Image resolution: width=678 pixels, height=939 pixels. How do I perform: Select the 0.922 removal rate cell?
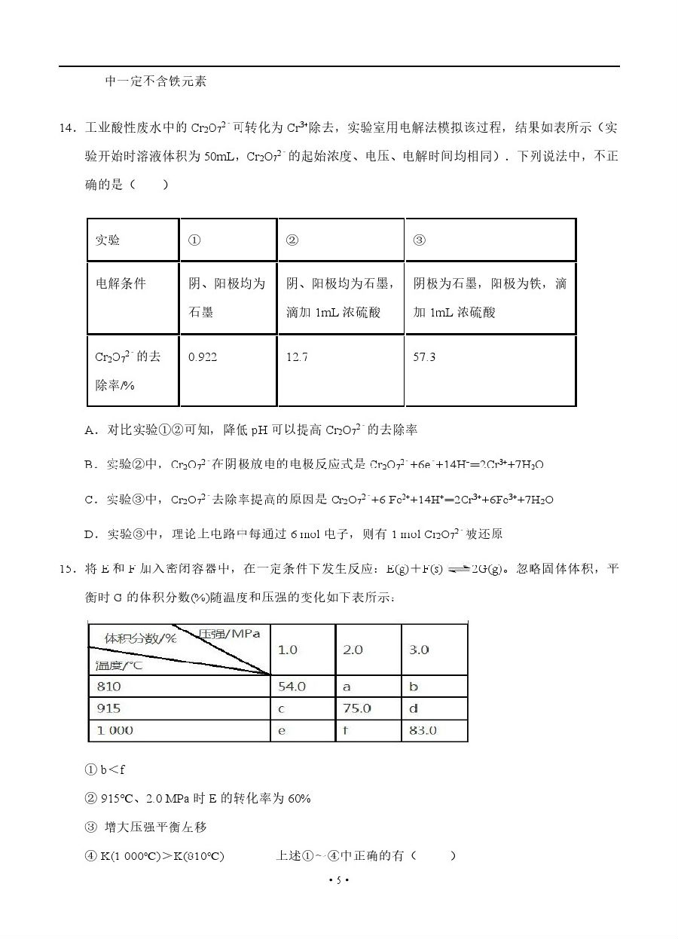tap(203, 357)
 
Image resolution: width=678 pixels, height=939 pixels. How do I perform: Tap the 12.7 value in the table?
tap(297, 357)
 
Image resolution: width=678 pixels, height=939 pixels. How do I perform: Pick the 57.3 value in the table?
tap(424, 357)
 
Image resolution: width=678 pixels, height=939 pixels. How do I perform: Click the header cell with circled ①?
tap(194, 240)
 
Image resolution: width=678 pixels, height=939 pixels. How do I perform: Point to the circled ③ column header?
tap(420, 240)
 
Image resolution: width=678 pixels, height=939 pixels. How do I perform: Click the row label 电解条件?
tap(121, 284)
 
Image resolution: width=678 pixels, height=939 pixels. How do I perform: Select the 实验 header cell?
tap(108, 240)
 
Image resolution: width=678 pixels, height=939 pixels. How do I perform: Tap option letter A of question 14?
tap(90, 430)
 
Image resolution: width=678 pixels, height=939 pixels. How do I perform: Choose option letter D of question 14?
tap(90, 534)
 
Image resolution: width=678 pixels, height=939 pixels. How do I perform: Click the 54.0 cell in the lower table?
tap(292, 687)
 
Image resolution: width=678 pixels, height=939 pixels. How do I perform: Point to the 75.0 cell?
tap(357, 708)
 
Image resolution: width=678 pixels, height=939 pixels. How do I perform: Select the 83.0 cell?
tap(423, 730)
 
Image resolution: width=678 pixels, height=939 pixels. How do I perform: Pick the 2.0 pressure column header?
tap(353, 650)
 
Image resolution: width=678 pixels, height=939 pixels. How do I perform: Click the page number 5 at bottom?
tap(339, 879)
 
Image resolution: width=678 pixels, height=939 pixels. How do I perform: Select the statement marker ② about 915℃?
tap(91, 798)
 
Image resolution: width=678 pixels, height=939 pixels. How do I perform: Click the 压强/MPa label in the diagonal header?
tap(230, 634)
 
